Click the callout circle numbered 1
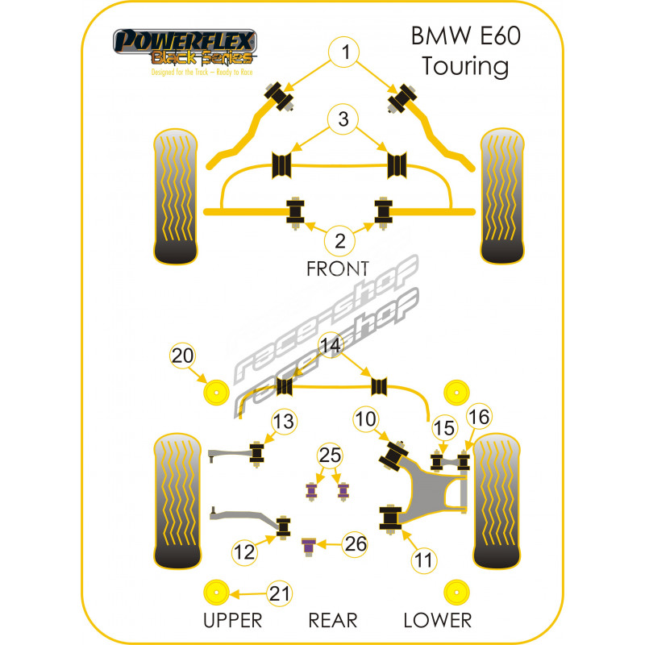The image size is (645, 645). tap(345, 54)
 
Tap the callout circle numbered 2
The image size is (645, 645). tap(340, 239)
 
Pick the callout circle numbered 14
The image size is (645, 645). tap(329, 346)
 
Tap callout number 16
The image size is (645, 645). tap(478, 416)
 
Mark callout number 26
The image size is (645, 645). tap(354, 545)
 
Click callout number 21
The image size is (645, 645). tap(278, 594)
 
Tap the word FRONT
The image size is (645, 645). tap(337, 268)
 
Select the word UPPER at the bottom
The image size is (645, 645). tap(233, 620)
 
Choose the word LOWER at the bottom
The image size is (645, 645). tap(438, 620)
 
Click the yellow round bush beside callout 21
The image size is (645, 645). tap(216, 593)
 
